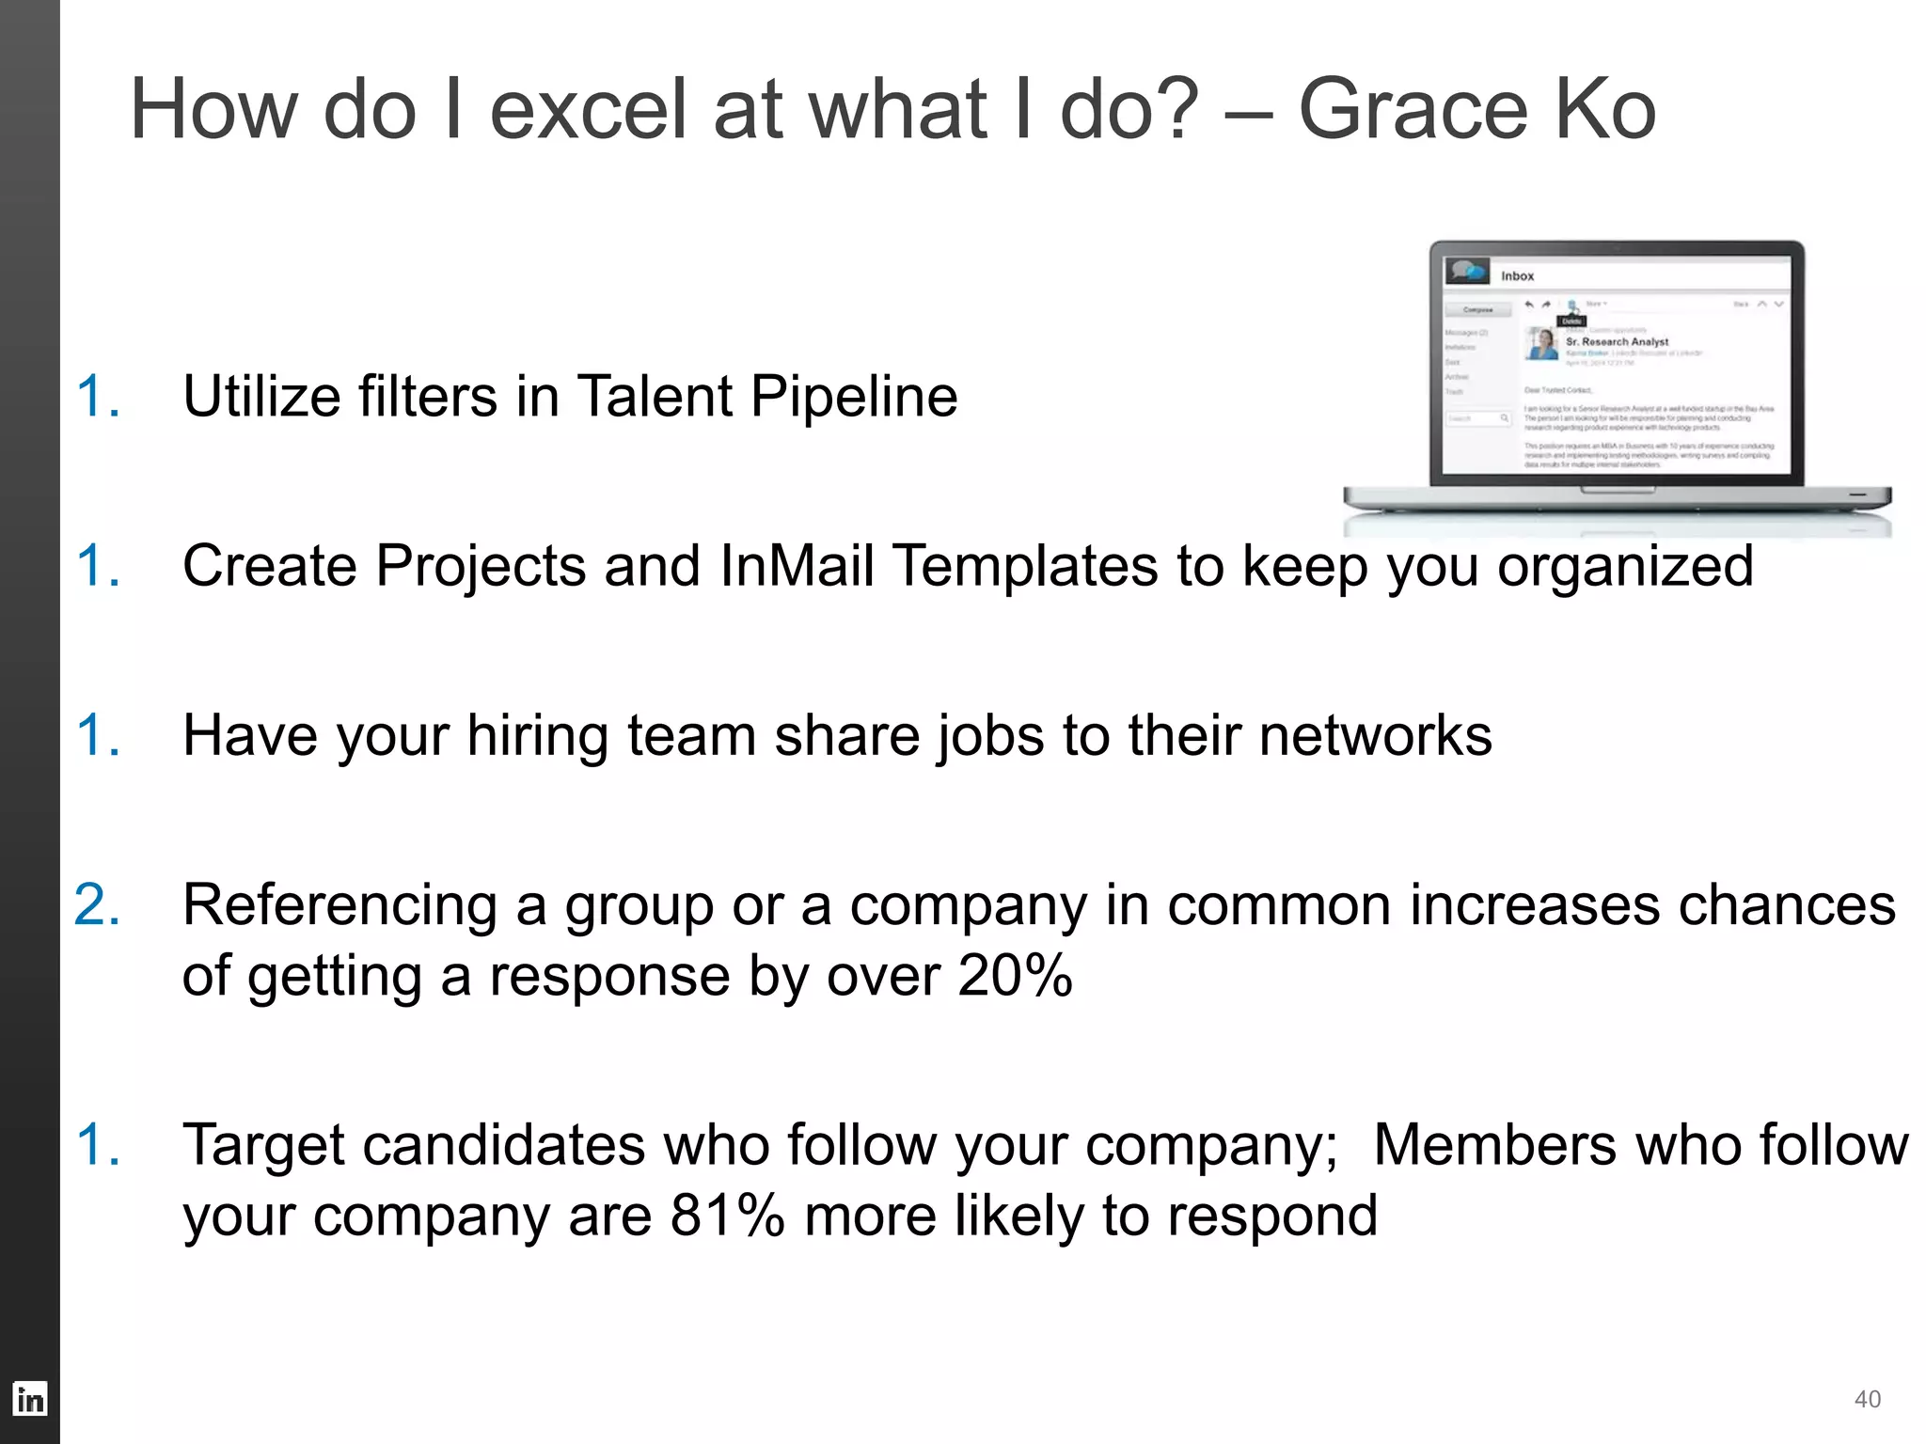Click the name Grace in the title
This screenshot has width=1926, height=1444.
(x=1411, y=110)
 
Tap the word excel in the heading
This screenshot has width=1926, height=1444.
(x=590, y=110)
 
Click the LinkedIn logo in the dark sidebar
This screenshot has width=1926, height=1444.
(x=29, y=1399)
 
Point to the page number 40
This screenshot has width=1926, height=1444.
(x=1867, y=1399)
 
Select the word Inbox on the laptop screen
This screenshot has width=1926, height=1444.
(x=1517, y=275)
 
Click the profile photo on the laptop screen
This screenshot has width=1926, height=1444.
(x=1542, y=344)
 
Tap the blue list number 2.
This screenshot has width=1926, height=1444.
(x=97, y=905)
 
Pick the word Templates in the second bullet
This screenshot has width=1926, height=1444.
(x=1024, y=566)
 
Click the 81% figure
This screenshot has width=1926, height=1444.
(x=726, y=1216)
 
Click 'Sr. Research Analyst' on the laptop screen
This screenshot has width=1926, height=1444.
(x=1617, y=341)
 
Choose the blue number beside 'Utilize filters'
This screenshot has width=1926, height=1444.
(x=97, y=396)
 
